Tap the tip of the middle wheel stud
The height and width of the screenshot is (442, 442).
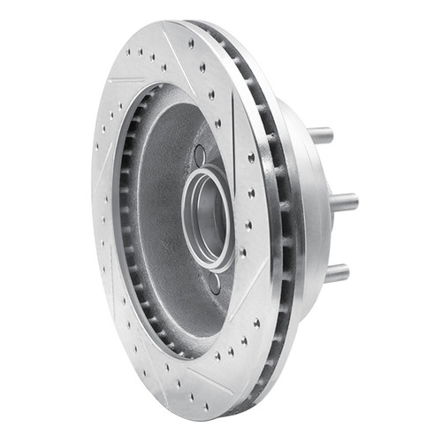[x=355, y=202]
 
